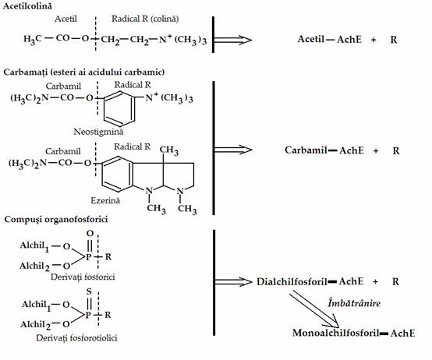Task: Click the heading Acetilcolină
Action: tap(27, 6)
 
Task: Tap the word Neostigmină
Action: tap(98, 132)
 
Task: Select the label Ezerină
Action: tap(105, 200)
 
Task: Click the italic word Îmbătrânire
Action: tap(354, 303)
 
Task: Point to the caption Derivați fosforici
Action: tap(83, 277)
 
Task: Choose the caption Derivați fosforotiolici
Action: tap(76, 338)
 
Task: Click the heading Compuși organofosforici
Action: tap(56, 220)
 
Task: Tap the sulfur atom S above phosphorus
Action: tap(89, 291)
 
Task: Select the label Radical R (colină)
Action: tap(145, 19)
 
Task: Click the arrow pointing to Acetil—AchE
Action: tap(233, 40)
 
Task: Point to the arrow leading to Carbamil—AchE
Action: tap(233, 150)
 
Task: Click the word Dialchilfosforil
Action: tap(292, 282)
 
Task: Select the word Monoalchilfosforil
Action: tap(336, 333)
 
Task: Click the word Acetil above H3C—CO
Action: tap(66, 19)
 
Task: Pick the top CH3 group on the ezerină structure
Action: tap(169, 150)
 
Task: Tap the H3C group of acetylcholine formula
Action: tap(33, 40)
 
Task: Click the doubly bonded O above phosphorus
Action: tap(90, 234)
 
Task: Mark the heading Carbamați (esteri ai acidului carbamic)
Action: tap(84, 72)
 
